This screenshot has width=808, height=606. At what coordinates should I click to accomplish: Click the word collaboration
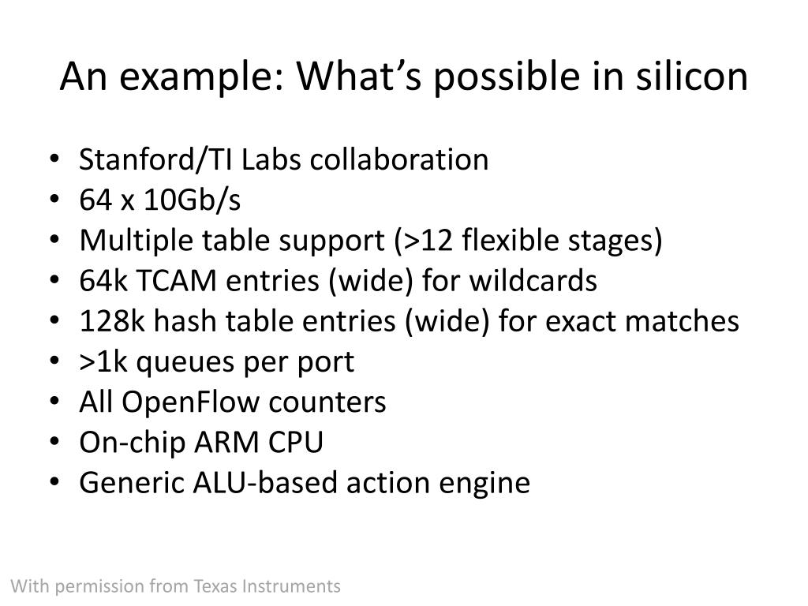[x=398, y=159]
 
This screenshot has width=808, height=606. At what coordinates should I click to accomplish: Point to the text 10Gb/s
[x=192, y=200]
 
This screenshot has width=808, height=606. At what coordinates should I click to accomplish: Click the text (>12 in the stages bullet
[x=411, y=241]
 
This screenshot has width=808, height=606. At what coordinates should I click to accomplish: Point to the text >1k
[x=101, y=362]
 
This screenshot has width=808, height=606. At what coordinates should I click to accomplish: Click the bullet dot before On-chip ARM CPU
[x=63, y=443]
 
